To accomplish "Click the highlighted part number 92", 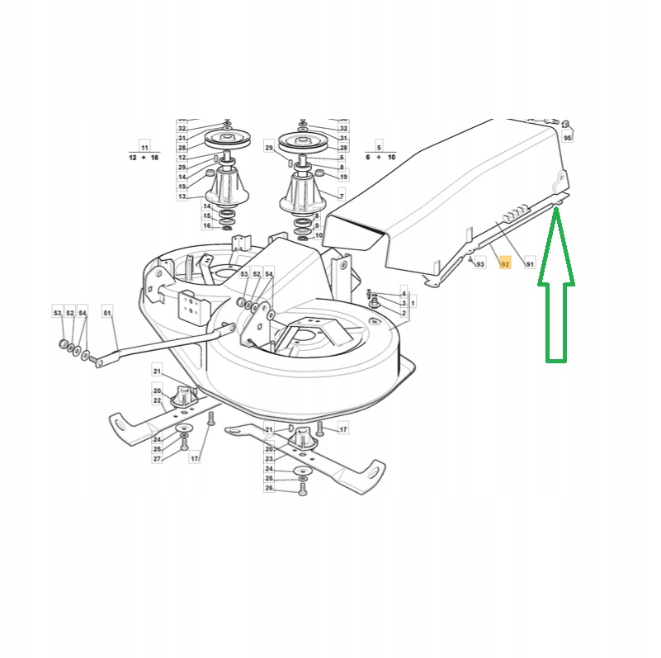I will pyautogui.click(x=505, y=264).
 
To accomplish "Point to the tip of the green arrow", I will pyautogui.click(x=556, y=210).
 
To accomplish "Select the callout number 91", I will pyautogui.click(x=530, y=264).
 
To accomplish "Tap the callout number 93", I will pyautogui.click(x=480, y=264).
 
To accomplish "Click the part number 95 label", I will pyautogui.click(x=568, y=138).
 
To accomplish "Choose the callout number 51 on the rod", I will pyautogui.click(x=106, y=313).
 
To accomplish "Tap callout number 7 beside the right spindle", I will pyautogui.click(x=341, y=195).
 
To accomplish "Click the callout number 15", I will pyautogui.click(x=207, y=215).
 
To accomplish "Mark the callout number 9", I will pyautogui.click(x=319, y=225).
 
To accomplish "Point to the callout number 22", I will pyautogui.click(x=157, y=400).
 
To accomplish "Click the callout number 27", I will pyautogui.click(x=157, y=458).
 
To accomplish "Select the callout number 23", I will pyautogui.click(x=269, y=459).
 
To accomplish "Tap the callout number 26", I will pyautogui.click(x=269, y=488).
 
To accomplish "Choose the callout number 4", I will pyautogui.click(x=404, y=293).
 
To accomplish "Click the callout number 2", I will pyautogui.click(x=404, y=313).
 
